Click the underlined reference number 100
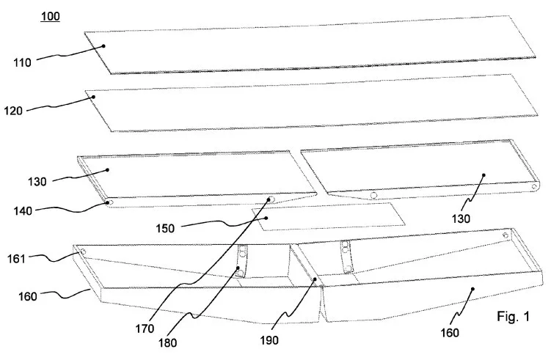click(x=50, y=17)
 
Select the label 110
click(x=23, y=63)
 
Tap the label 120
click(x=13, y=111)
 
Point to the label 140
click(x=23, y=211)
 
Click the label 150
click(x=165, y=229)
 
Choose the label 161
click(x=17, y=260)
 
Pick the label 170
click(x=145, y=328)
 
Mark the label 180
click(x=167, y=343)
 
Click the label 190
click(x=269, y=340)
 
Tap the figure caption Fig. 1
click(x=513, y=317)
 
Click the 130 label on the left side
click(x=37, y=182)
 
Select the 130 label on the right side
click(x=461, y=218)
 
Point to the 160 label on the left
click(x=28, y=297)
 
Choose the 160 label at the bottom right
click(x=450, y=333)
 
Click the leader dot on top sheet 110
click(x=103, y=46)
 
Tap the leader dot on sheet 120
click(x=94, y=97)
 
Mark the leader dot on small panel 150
click(x=266, y=218)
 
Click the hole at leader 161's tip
click(x=83, y=251)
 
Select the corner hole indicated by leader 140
click(x=109, y=202)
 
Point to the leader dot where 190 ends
click(x=315, y=279)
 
